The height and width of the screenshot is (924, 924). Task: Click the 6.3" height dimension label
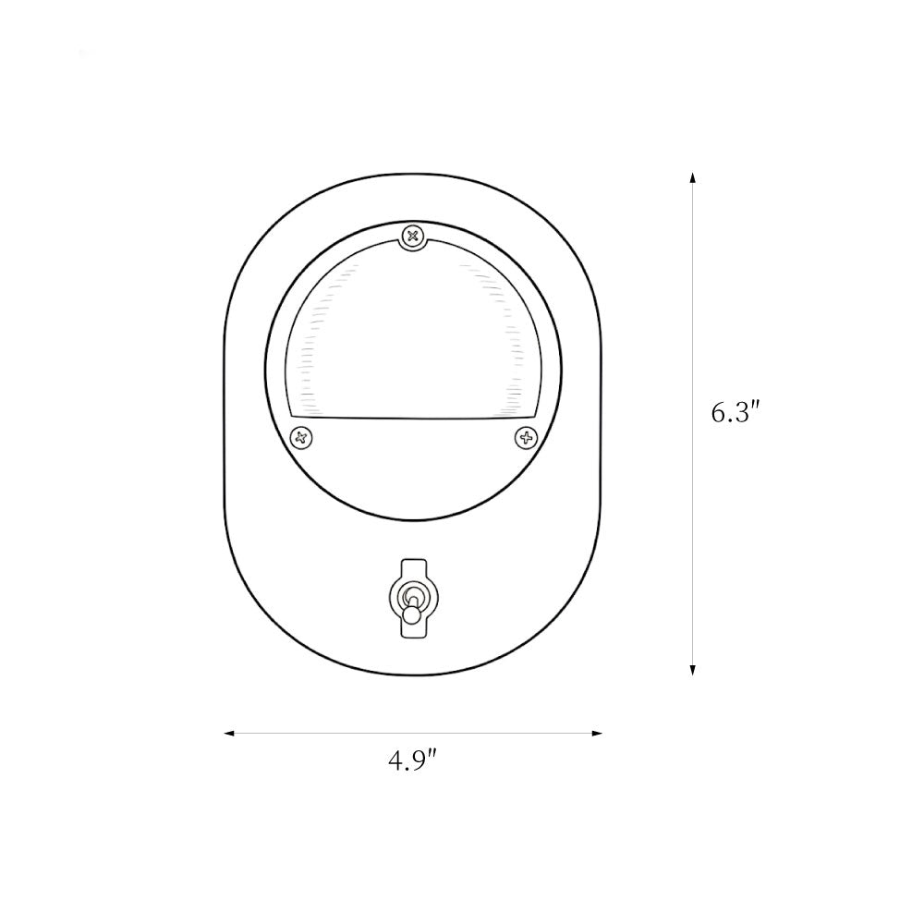click(733, 412)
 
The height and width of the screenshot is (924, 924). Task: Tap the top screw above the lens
click(413, 237)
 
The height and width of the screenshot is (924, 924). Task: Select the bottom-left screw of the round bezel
click(302, 438)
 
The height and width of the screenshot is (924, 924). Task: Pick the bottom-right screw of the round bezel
click(527, 438)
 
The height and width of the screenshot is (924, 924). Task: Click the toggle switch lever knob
click(412, 615)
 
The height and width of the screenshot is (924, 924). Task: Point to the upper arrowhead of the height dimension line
click(693, 178)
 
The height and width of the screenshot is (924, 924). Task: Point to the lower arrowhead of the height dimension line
click(693, 669)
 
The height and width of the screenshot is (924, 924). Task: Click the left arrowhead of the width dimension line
click(230, 733)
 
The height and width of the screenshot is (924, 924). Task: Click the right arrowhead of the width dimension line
click(596, 733)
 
